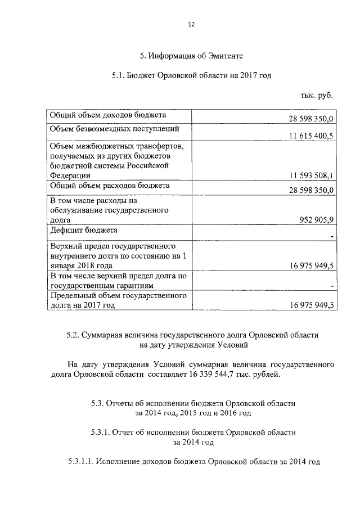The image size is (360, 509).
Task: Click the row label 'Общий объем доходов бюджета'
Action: (108, 115)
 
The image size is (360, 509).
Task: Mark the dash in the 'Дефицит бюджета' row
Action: (333, 236)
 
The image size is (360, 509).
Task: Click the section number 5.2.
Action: (72, 335)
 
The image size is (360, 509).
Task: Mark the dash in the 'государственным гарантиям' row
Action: (333, 287)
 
